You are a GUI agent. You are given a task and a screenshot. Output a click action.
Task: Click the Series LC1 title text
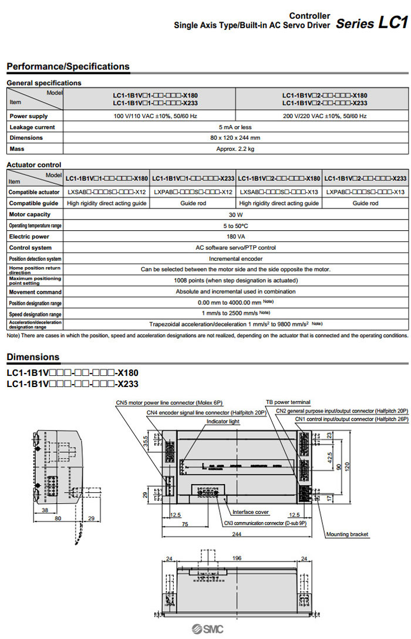tap(371, 23)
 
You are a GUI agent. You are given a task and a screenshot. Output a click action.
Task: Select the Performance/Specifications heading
tap(68, 66)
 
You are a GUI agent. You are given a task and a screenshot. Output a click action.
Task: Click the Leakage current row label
tap(32, 127)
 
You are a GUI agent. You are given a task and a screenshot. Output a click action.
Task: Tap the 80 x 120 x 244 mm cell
tap(235, 138)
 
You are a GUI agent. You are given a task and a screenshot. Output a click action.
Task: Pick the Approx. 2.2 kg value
tap(235, 149)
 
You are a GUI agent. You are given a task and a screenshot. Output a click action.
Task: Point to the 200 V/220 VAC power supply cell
tap(325, 116)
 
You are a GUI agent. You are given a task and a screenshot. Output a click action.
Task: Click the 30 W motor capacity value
tap(235, 215)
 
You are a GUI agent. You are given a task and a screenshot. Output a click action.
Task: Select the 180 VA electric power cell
tap(235, 237)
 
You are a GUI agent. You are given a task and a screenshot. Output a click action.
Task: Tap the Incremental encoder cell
tap(235, 258)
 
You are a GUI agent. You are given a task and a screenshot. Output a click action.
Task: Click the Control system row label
tap(31, 248)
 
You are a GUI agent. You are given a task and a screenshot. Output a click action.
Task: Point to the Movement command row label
tap(35, 292)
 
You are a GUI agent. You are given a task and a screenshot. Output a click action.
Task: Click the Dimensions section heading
tap(33, 357)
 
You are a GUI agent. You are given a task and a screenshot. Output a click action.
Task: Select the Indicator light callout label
tap(223, 422)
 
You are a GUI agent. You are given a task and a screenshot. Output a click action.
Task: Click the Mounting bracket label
tap(347, 534)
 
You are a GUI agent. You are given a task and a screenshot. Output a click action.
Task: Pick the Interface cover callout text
tap(251, 512)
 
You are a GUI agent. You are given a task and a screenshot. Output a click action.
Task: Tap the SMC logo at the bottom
tap(207, 630)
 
